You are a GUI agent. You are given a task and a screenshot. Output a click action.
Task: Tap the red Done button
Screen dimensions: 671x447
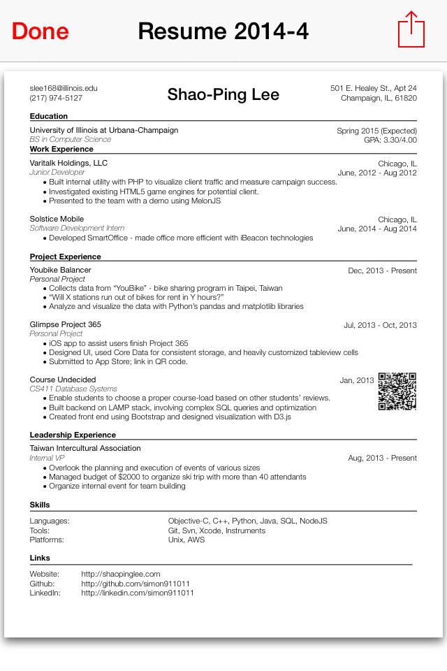(41, 31)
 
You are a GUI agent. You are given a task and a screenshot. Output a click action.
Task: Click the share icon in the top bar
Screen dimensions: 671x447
(411, 30)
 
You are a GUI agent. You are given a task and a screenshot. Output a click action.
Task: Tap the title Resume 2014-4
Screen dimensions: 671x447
(223, 31)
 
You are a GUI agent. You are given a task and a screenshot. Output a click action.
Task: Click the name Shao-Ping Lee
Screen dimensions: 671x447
(223, 94)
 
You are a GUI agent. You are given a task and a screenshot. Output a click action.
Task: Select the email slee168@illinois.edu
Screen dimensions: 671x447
(64, 88)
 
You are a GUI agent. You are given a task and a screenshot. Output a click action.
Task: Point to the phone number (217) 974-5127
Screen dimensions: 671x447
(56, 98)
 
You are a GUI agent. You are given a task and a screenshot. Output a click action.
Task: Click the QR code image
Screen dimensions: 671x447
(397, 391)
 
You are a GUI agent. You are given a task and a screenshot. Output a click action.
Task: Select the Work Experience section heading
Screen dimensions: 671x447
(61, 149)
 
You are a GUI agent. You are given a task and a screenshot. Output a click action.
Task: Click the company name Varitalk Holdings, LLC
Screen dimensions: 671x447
(68, 163)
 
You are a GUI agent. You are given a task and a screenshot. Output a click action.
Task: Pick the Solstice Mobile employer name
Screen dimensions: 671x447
(57, 219)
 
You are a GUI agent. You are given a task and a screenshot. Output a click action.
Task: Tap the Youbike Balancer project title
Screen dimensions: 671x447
(60, 270)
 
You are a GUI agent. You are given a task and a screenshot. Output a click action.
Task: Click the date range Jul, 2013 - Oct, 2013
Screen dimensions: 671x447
(380, 325)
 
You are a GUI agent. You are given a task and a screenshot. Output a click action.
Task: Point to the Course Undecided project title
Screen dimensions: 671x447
(63, 380)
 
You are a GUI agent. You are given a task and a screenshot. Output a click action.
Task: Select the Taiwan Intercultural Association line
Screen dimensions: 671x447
(85, 448)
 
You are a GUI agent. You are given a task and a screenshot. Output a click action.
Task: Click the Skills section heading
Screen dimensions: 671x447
(40, 505)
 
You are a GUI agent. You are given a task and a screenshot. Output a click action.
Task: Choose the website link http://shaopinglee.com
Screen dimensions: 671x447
(121, 574)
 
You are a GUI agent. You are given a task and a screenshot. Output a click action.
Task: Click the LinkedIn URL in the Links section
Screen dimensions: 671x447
(138, 593)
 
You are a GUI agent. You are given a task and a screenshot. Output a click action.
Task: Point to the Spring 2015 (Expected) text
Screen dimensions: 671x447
(376, 131)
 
